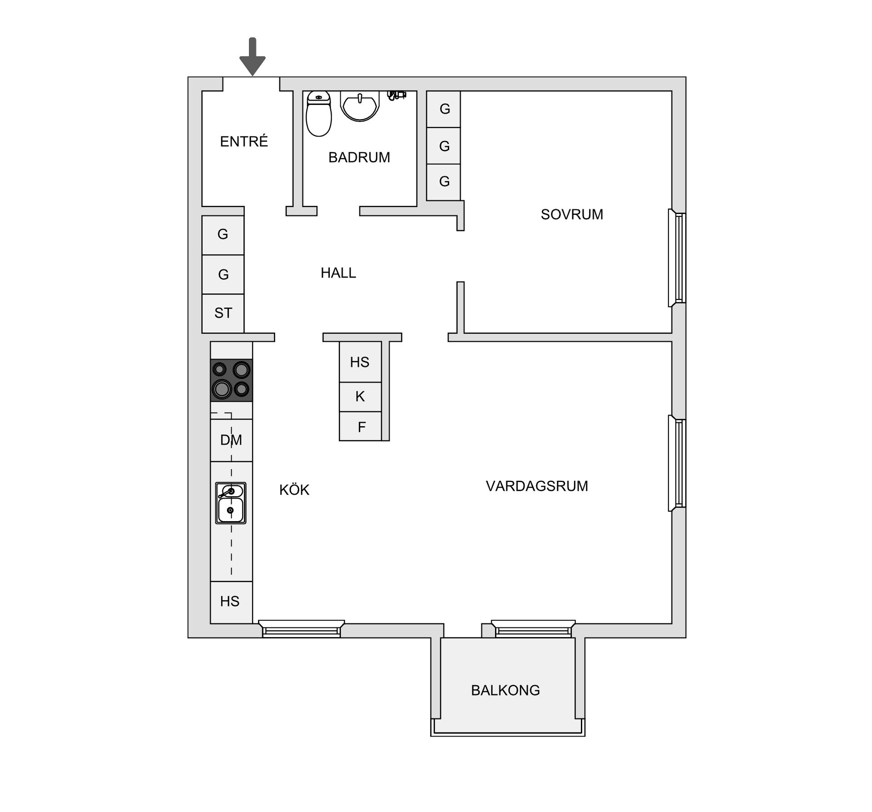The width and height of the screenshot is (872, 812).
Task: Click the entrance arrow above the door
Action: pyautogui.click(x=253, y=56)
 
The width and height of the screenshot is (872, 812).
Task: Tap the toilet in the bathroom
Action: pyautogui.click(x=319, y=113)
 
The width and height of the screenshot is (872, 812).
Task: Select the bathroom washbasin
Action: pyautogui.click(x=360, y=106)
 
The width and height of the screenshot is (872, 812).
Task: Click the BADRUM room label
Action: pyautogui.click(x=359, y=157)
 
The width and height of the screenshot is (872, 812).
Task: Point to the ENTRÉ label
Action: pyautogui.click(x=244, y=141)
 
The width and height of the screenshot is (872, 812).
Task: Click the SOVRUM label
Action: pyautogui.click(x=572, y=214)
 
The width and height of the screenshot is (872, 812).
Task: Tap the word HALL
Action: pyautogui.click(x=338, y=273)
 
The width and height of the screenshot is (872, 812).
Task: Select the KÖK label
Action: pyautogui.click(x=294, y=489)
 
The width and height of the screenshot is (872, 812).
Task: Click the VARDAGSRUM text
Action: pyautogui.click(x=537, y=486)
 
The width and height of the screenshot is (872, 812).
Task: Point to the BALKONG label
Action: pyautogui.click(x=505, y=690)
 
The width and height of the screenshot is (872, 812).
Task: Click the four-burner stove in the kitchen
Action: pyautogui.click(x=231, y=380)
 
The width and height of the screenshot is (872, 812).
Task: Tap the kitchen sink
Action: pyautogui.click(x=231, y=503)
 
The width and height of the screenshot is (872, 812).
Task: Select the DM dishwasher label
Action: pyautogui.click(x=231, y=440)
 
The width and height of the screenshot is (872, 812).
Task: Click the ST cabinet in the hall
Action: pyautogui.click(x=223, y=313)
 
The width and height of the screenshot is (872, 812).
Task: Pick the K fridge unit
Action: pyautogui.click(x=360, y=397)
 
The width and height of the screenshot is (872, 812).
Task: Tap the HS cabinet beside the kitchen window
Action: pyautogui.click(x=231, y=602)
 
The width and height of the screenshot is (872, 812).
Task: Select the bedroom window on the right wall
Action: pyautogui.click(x=677, y=258)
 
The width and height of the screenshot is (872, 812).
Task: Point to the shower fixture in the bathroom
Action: pyautogui.click(x=396, y=95)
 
